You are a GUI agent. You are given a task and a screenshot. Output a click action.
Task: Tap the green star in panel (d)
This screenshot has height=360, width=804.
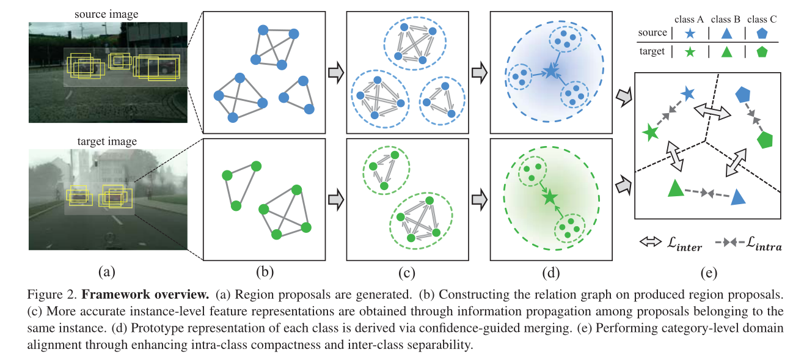point(549,197)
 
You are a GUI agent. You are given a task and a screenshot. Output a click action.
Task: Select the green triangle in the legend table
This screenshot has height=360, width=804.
point(724,52)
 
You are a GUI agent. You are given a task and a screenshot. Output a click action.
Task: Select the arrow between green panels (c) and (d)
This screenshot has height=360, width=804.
point(479,199)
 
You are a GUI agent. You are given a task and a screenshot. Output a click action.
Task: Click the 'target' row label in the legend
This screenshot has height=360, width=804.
point(652,52)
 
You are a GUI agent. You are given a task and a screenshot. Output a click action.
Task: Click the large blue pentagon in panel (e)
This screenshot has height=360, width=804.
point(743,94)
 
